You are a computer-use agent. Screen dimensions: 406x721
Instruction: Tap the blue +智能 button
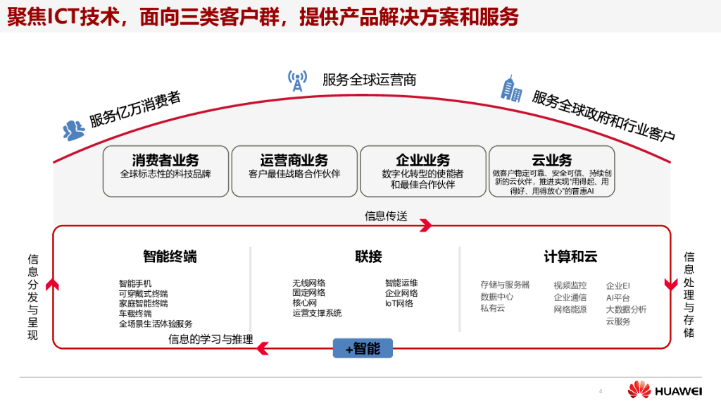coord(363,348)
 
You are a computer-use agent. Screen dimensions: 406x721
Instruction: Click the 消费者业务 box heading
coord(165,160)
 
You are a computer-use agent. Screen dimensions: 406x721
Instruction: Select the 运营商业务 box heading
coord(294,160)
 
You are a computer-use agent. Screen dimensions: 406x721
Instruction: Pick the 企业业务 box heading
coord(422,160)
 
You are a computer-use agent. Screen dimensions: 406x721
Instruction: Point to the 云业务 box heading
coord(551,160)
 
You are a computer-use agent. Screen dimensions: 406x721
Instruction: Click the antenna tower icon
coord(297,81)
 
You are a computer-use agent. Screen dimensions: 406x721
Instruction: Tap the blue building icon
coord(510,89)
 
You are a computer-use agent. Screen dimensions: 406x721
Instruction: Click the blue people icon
coord(73,130)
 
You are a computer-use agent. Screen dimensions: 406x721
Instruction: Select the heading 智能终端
coord(170,257)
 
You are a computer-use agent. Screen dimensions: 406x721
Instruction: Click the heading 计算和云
coord(570,257)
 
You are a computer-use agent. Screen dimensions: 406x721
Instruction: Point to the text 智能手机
coord(135,283)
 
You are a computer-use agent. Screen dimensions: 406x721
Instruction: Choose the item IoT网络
coord(399,304)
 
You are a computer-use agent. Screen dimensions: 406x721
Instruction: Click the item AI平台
coord(618,297)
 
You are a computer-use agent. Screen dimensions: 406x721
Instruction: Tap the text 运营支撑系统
coord(317,313)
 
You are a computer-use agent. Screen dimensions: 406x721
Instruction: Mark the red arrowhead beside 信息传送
coord(425,226)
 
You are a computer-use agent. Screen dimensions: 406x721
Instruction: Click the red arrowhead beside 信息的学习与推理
coord(261,347)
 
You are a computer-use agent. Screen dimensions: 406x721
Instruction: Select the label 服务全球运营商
coord(369,80)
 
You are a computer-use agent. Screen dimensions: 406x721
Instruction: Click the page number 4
coord(601,391)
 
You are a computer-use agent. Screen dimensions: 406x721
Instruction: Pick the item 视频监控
coord(570,285)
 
